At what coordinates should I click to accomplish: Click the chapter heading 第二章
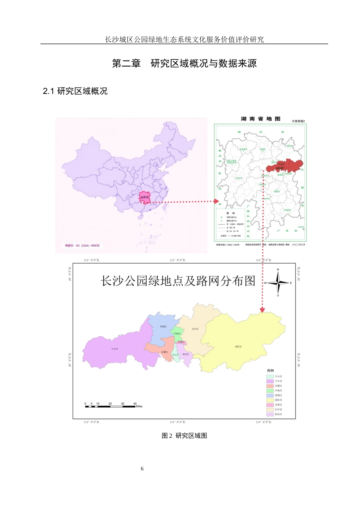[126, 63]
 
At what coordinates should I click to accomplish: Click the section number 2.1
[49, 91]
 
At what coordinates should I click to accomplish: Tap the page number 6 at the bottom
[142, 469]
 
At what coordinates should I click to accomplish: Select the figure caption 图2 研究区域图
[184, 436]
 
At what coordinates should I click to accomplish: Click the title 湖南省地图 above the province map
[260, 119]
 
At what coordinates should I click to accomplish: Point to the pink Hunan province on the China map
[145, 198]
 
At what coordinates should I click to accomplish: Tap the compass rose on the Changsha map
[278, 283]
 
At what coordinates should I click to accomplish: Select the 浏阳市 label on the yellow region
[238, 347]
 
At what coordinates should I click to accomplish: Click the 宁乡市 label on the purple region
[114, 349]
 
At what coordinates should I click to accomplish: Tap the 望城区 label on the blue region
[163, 326]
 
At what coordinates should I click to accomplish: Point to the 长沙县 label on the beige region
[195, 329]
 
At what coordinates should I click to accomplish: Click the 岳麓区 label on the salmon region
[164, 352]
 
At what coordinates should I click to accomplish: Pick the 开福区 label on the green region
[177, 334]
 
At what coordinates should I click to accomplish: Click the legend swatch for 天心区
[270, 376]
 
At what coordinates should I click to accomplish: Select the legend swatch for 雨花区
[270, 414]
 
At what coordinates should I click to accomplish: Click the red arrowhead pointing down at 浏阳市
[262, 310]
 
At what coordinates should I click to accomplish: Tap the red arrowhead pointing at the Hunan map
[216, 201]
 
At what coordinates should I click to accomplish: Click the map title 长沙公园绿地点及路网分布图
[178, 281]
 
